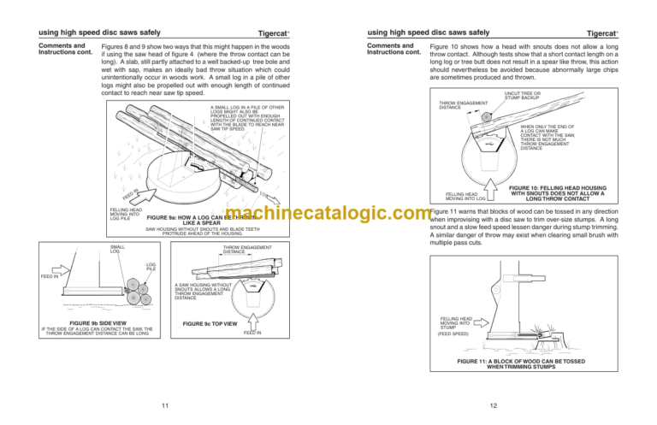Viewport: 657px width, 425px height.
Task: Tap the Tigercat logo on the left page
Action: pyautogui.click(x=275, y=33)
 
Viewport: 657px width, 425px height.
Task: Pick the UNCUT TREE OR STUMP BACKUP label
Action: pyautogui.click(x=523, y=96)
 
